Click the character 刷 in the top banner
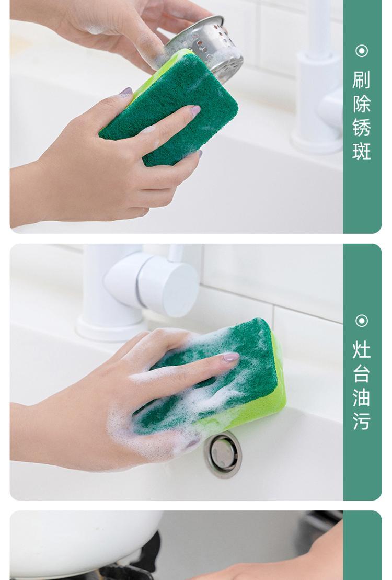coord(361,80)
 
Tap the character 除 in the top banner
coord(361,104)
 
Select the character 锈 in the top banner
coord(361,128)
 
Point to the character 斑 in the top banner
coord(361,151)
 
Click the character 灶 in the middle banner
coord(361,350)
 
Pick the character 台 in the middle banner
coord(361,373)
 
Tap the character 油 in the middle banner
coord(361,397)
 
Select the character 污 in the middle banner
coord(361,421)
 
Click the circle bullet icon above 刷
coord(362,51)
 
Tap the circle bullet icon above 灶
coord(362,321)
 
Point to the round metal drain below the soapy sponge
coord(222,454)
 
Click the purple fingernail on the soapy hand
coord(230,357)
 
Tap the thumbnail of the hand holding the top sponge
coord(126,92)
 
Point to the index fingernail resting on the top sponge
coord(195,110)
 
